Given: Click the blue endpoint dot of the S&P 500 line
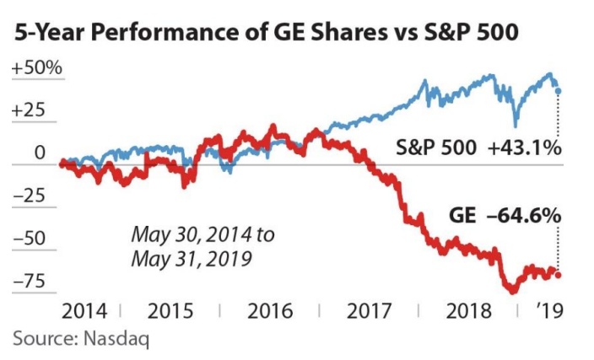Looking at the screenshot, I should pos(559,91).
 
